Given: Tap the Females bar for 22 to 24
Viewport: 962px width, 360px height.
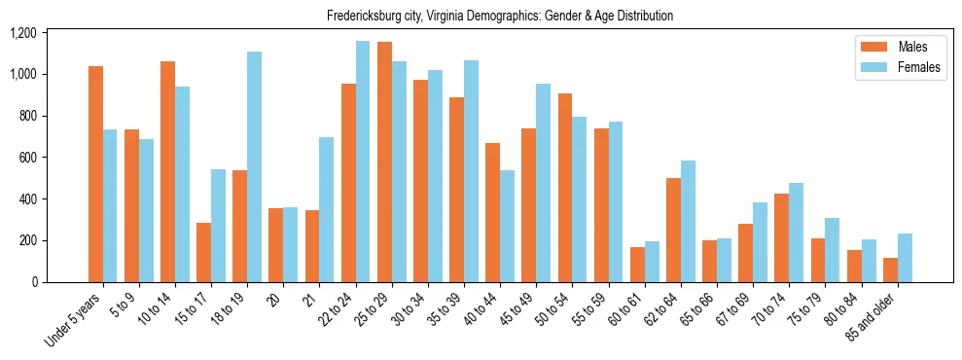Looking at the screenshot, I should [x=363, y=162].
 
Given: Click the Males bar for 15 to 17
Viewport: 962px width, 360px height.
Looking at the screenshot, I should [x=203, y=252].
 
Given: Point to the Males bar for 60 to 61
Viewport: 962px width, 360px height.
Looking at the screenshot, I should [x=637, y=265].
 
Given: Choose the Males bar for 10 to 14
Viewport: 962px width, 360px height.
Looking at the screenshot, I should [x=167, y=171].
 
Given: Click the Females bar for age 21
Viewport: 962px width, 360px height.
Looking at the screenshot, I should [x=327, y=209].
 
